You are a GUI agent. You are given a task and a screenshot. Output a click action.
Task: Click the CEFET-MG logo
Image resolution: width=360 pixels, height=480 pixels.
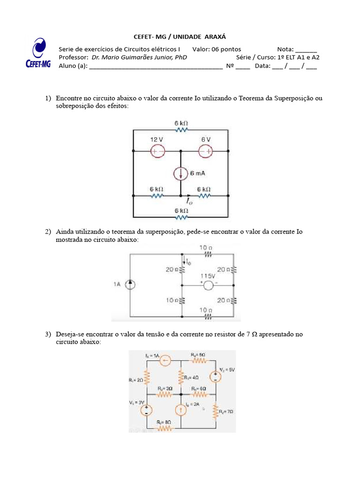click(37, 54)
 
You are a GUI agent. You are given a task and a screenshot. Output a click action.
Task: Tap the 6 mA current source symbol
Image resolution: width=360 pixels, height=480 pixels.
click(180, 173)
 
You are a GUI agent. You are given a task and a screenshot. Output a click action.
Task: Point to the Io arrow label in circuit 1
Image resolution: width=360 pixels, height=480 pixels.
click(189, 201)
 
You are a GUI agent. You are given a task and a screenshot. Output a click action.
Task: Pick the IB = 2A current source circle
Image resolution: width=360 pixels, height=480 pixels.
click(180, 410)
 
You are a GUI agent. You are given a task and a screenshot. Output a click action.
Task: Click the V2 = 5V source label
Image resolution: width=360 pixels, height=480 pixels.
click(227, 370)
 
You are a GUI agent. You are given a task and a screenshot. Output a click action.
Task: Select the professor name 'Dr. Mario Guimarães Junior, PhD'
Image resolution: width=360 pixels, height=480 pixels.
click(139, 57)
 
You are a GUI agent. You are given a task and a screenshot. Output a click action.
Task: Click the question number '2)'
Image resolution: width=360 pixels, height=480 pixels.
click(48, 232)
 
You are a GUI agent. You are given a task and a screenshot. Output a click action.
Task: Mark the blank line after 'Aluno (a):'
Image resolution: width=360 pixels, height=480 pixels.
click(156, 66)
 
